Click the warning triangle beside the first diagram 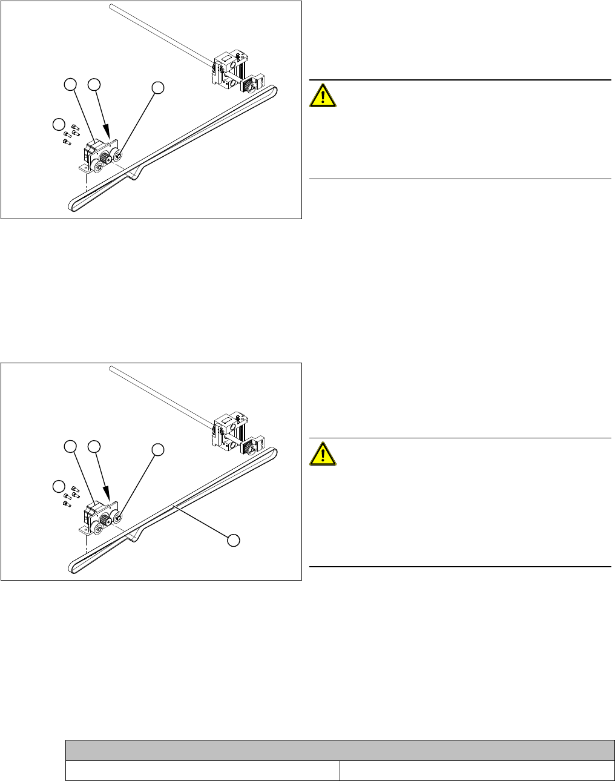323,95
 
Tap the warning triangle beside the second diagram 323,453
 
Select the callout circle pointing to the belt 234,539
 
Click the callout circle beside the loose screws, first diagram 58,125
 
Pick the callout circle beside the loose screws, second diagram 58,487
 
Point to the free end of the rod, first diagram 111,7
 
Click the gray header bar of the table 340,750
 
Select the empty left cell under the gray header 202,770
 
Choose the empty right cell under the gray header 473,770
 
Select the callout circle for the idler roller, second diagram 157,450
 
